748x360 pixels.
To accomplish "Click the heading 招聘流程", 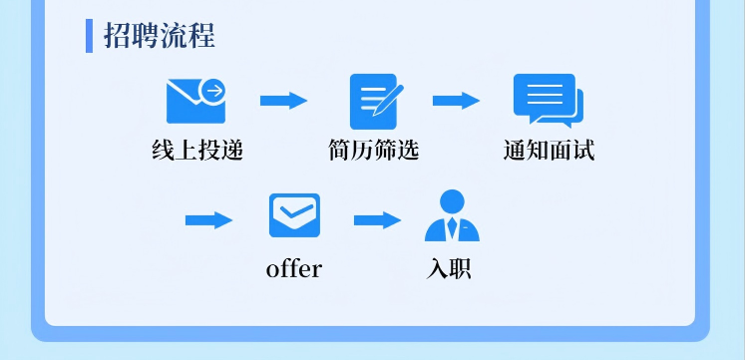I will click(x=160, y=36).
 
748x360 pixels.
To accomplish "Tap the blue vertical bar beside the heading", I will click(x=89, y=36).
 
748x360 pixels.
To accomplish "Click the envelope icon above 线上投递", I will click(x=194, y=101).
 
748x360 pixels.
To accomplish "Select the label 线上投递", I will click(x=197, y=151).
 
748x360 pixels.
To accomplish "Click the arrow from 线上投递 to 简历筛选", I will click(x=283, y=101).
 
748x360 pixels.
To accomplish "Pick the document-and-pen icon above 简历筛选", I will click(x=375, y=101).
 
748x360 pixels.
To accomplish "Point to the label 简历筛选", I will click(x=374, y=151).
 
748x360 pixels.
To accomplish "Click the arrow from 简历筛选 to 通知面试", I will click(x=456, y=101).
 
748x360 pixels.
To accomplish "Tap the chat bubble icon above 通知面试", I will click(x=548, y=101).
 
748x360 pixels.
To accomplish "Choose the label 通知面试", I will click(x=550, y=151).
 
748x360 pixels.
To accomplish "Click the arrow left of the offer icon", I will click(x=208, y=220).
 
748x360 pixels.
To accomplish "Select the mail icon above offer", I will click(x=294, y=215).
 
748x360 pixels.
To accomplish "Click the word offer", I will click(x=294, y=269).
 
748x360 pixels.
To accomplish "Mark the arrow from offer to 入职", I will click(x=377, y=220).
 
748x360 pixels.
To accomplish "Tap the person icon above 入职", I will click(x=452, y=216).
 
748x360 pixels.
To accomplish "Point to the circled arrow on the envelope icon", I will click(x=212, y=91).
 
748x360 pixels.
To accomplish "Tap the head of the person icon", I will click(x=452, y=200).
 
